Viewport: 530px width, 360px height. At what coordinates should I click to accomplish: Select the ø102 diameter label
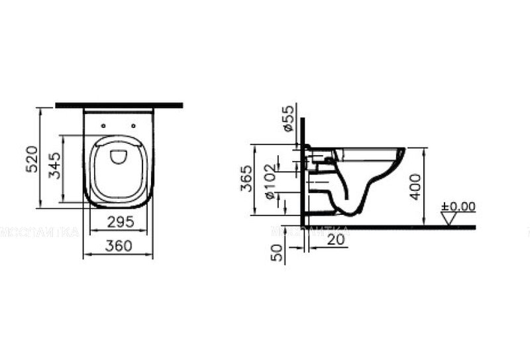tap(271, 182)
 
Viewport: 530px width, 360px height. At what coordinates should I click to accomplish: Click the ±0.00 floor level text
tap(459, 206)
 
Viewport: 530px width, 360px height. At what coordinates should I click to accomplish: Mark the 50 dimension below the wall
tap(278, 251)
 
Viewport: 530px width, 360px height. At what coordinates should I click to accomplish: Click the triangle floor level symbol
tap(450, 217)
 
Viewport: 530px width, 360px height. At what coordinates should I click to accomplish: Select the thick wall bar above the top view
tap(119, 105)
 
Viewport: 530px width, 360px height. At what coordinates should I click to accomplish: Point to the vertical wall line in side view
tap(303, 172)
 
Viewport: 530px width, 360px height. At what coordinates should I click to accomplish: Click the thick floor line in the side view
tap(397, 227)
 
